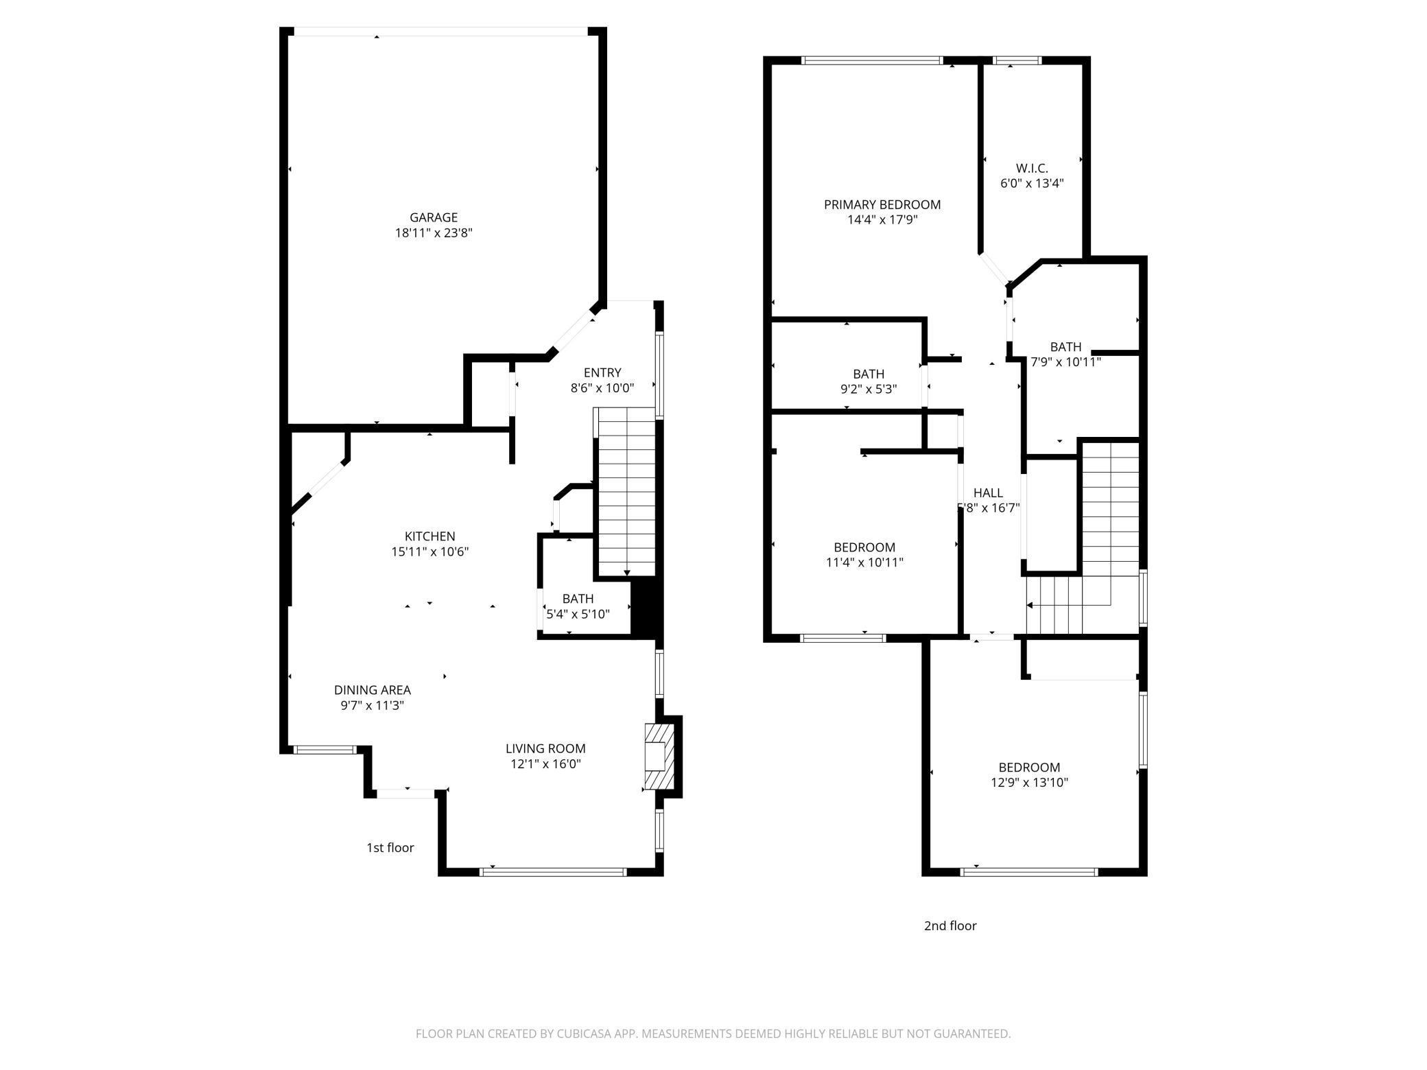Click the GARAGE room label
coord(434,217)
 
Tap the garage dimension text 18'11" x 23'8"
coord(434,233)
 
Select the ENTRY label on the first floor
coord(602,372)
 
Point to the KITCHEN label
coord(430,536)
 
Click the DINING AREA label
coord(373,690)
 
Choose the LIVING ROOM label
coord(546,748)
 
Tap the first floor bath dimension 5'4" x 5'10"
coord(578,614)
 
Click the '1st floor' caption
coord(390,848)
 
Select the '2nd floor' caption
coord(950,926)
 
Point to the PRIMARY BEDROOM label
coord(882,204)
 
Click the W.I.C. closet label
coord(1032,168)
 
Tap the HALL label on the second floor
coord(988,492)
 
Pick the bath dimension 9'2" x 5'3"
coord(869,389)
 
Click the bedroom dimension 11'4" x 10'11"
coord(864,562)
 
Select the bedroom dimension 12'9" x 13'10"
coord(1029,783)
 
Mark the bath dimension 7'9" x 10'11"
coord(1065,362)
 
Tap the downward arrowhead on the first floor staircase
coord(626,573)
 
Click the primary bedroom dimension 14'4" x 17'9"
coord(882,220)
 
